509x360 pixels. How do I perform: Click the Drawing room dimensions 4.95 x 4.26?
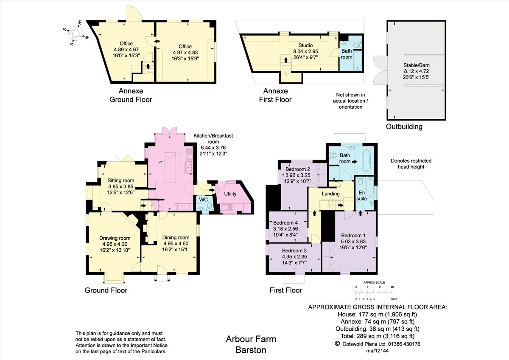pyautogui.click(x=115, y=244)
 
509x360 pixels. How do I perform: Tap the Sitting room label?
pyautogui.click(x=120, y=180)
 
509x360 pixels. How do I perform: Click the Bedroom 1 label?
pyautogui.click(x=352, y=236)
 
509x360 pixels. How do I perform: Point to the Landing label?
pyautogui.click(x=330, y=194)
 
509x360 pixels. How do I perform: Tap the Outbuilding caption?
pyautogui.click(x=404, y=127)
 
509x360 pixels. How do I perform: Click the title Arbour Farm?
pyautogui.click(x=251, y=339)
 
